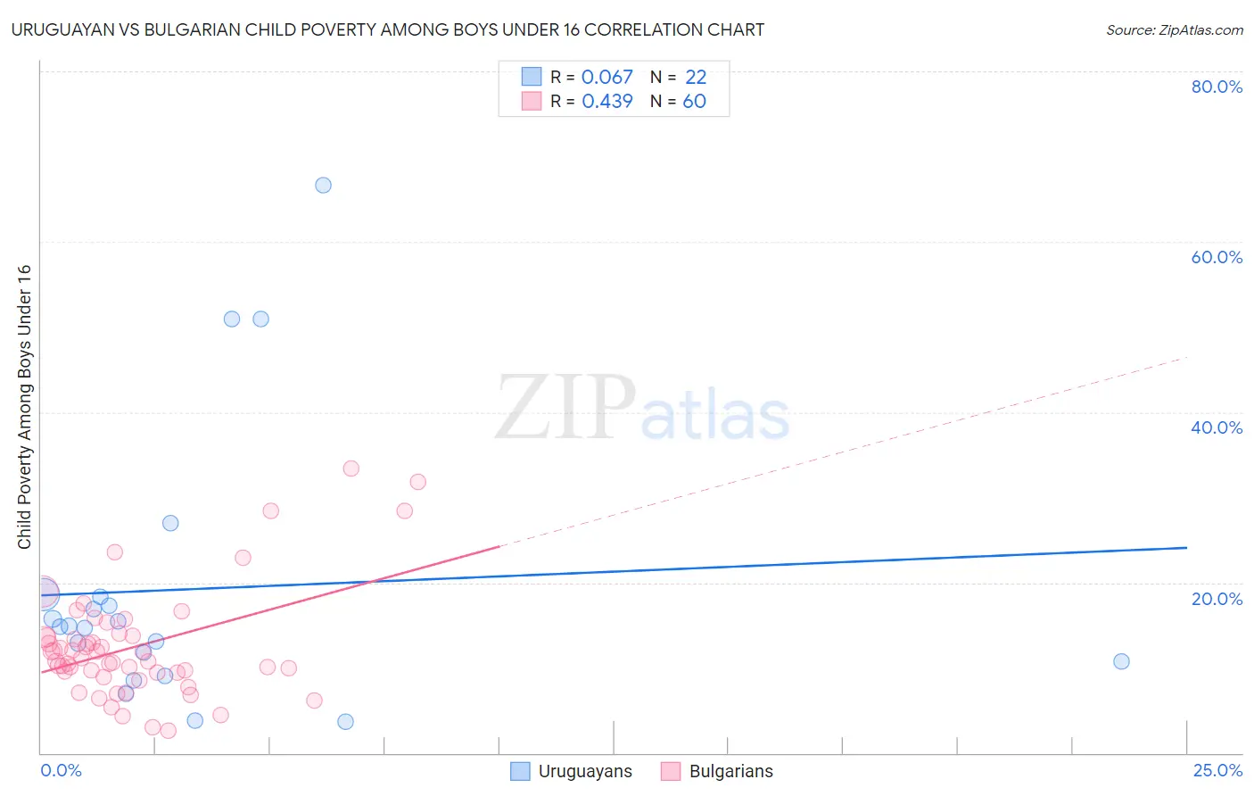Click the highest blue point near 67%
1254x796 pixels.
click(x=323, y=185)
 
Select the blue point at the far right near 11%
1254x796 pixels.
click(x=1121, y=661)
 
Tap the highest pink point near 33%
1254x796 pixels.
click(x=351, y=468)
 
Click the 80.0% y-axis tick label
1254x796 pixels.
click(x=1217, y=87)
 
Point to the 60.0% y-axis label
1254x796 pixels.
click(x=1217, y=257)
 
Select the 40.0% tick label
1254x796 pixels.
click(x=1217, y=427)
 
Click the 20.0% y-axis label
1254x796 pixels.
click(x=1217, y=598)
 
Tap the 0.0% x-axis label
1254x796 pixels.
click(x=61, y=770)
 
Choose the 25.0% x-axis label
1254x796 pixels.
click(x=1217, y=770)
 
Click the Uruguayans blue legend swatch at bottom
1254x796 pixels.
click(x=520, y=771)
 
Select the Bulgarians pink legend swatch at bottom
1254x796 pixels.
click(x=671, y=771)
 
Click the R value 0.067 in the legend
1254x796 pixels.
click(x=606, y=78)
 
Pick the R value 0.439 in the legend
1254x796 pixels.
click(x=606, y=102)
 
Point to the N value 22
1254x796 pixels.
click(x=696, y=78)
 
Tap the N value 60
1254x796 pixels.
click(x=694, y=102)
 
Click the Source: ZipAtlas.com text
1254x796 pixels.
click(x=1174, y=29)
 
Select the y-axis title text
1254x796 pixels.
click(x=24, y=407)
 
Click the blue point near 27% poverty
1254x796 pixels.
click(x=170, y=523)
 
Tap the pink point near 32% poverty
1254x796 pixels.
click(x=417, y=482)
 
